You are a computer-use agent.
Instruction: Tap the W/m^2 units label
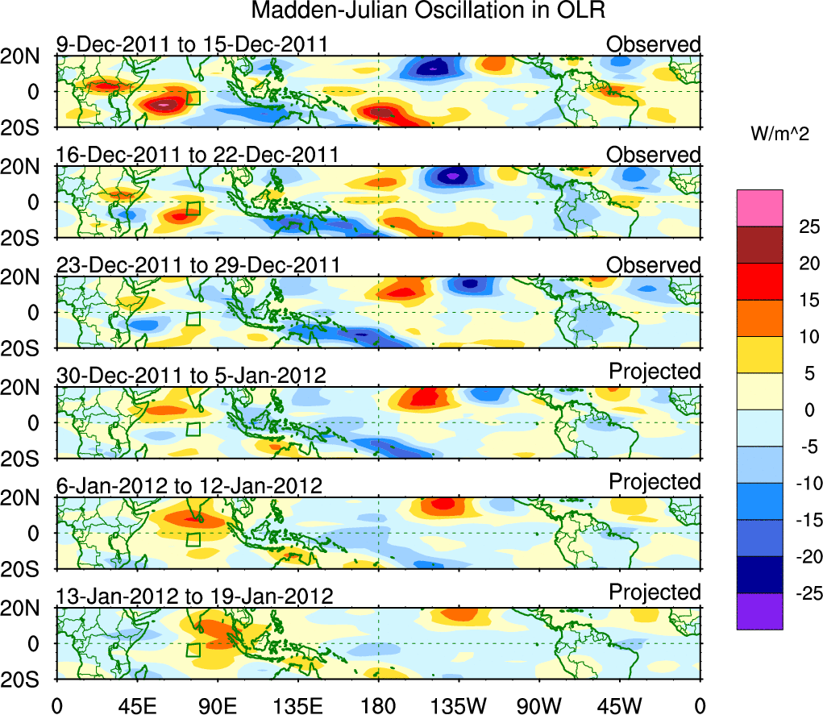[x=778, y=134]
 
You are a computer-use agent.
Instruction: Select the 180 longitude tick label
[x=378, y=705]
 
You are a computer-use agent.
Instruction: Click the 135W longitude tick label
[x=459, y=705]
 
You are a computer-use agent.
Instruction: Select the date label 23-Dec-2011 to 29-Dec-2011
[x=197, y=265]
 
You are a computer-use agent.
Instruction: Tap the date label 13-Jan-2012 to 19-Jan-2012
[x=194, y=597]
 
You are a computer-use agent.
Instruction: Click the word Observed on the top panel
[x=654, y=44]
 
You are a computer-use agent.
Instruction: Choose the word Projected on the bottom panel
[x=655, y=592]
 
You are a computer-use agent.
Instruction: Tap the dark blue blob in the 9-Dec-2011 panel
[x=435, y=67]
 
